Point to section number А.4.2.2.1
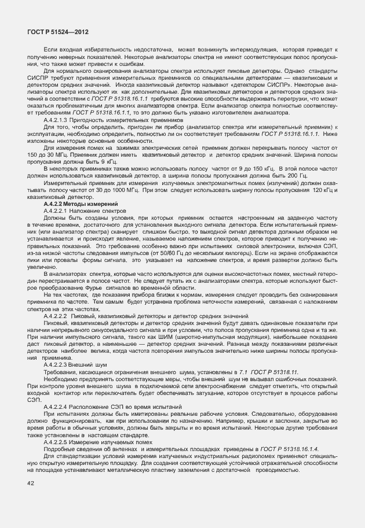(59, 211)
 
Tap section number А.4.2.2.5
(59, 441)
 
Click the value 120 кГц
(320, 191)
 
